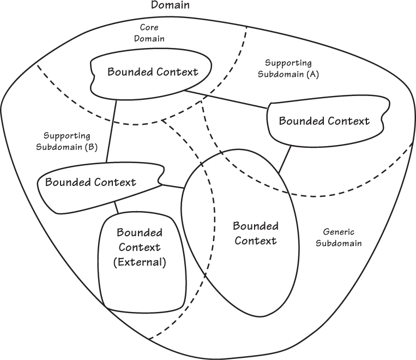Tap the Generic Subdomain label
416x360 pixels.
click(x=341, y=237)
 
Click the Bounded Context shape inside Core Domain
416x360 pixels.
click(x=152, y=73)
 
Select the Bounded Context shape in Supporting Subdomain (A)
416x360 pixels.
click(x=324, y=121)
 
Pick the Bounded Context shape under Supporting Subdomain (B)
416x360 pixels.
click(x=91, y=182)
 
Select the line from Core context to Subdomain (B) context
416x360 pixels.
click(x=111, y=131)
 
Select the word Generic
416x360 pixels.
click(x=342, y=232)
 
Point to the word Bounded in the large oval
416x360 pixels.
click(x=255, y=226)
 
